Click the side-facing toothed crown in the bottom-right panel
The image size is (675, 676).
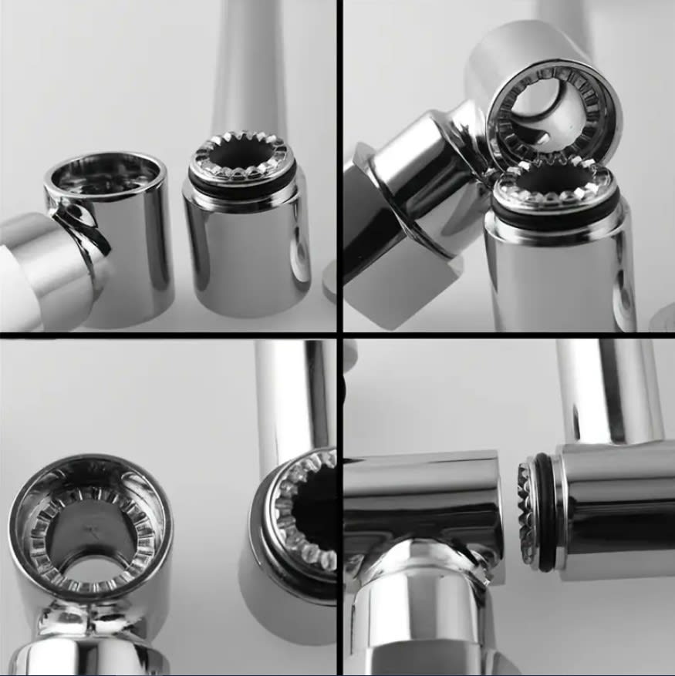pos(527,513)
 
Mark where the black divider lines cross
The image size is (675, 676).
pos(339,335)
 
